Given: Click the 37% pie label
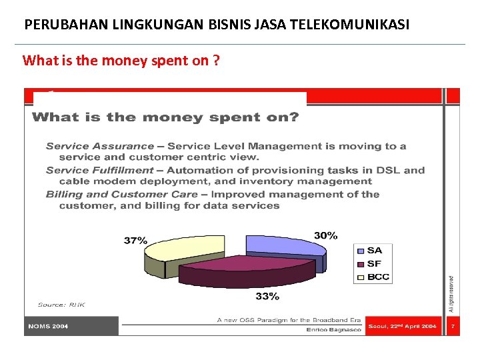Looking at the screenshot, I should (135, 240).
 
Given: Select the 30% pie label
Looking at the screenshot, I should (326, 235).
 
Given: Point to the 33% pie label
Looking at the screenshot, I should (267, 295).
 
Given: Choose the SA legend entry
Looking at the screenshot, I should (374, 250).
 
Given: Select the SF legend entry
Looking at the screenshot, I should (373, 263).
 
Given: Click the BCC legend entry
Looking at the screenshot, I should (377, 277).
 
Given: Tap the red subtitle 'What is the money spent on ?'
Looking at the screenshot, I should (121, 61).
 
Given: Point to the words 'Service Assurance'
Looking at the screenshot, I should (100, 146).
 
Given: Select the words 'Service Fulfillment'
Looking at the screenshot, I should (100, 170).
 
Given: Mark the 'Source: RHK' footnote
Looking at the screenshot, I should (61, 305).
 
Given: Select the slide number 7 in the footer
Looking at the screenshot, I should (453, 327).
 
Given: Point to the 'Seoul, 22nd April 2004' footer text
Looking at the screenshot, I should (402, 327).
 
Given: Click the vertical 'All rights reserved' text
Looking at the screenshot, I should (451, 294).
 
